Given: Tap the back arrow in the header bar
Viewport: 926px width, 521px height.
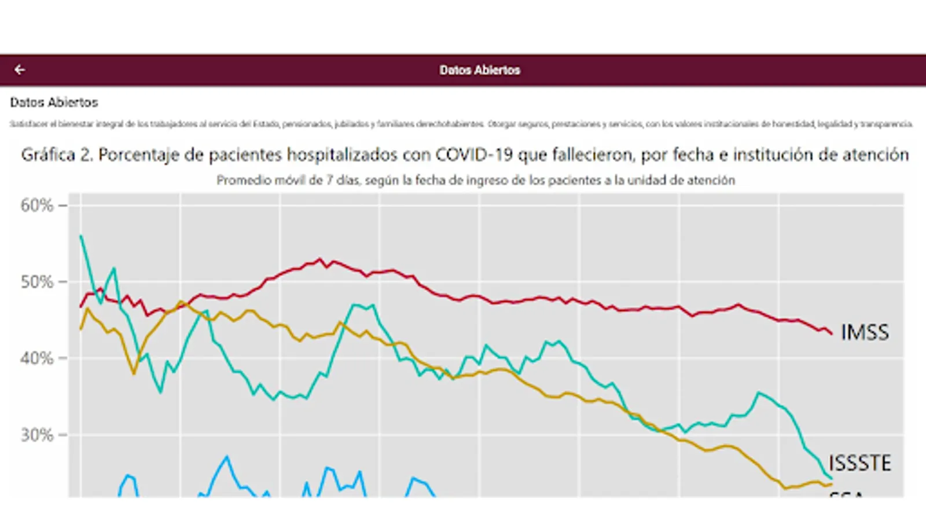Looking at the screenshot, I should pyautogui.click(x=20, y=70).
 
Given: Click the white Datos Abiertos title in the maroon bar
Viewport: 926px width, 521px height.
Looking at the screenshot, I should pyautogui.click(x=480, y=70).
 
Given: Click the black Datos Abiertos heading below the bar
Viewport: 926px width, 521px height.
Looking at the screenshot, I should pyautogui.click(x=54, y=102).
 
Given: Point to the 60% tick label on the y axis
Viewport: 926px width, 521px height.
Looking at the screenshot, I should pyautogui.click(x=36, y=206).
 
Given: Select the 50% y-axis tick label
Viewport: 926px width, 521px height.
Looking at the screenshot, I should pyautogui.click(x=36, y=282).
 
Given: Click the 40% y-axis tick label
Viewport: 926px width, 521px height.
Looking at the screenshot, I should pyautogui.click(x=36, y=359).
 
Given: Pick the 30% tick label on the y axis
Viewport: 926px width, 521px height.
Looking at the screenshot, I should pyautogui.click(x=36, y=435).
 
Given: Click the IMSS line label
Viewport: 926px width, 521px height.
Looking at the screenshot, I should pyautogui.click(x=865, y=332).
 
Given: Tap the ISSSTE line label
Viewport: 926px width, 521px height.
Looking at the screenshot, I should pyautogui.click(x=860, y=463).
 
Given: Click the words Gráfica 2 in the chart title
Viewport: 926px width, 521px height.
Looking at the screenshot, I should pyautogui.click(x=57, y=155).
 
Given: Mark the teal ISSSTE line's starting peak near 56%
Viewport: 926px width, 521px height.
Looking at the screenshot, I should pyautogui.click(x=81, y=236).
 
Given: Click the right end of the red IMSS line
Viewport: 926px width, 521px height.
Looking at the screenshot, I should pyautogui.click(x=832, y=334).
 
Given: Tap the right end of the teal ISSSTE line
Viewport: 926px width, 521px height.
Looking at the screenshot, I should pyautogui.click(x=832, y=478).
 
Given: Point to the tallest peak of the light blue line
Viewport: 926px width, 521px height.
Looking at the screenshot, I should pyautogui.click(x=227, y=457).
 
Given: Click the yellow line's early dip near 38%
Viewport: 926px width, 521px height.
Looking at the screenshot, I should pyautogui.click(x=134, y=374).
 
